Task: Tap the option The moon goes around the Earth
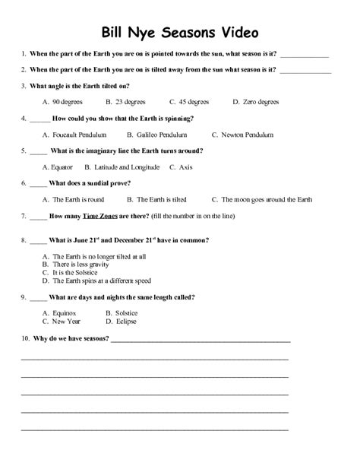pos(266,199)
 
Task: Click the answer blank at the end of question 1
pos(305,55)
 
